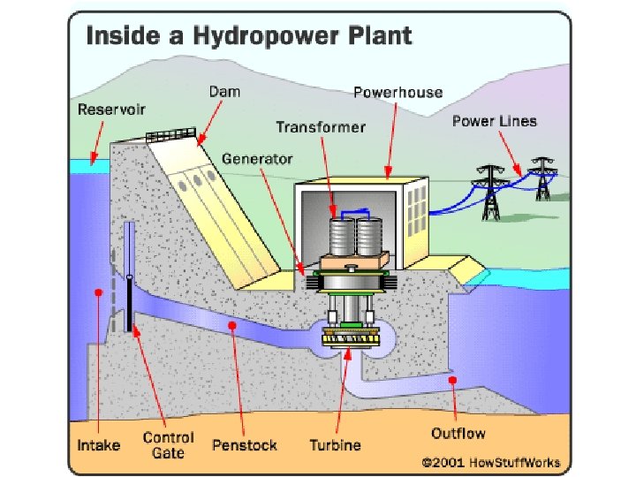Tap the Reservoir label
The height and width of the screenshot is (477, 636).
(x=112, y=110)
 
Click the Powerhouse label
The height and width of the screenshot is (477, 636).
(x=397, y=92)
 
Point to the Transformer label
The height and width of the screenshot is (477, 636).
(x=321, y=127)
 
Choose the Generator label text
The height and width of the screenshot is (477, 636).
(x=257, y=160)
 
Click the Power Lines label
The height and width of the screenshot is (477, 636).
(x=494, y=121)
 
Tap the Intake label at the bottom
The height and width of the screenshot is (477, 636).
(x=98, y=444)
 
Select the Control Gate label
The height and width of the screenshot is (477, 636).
(x=168, y=445)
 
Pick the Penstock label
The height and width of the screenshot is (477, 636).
(x=245, y=444)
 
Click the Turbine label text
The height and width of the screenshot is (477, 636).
(x=336, y=444)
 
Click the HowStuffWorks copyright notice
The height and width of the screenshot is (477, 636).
(x=496, y=462)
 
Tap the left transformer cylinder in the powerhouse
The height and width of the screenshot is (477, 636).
(x=340, y=237)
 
